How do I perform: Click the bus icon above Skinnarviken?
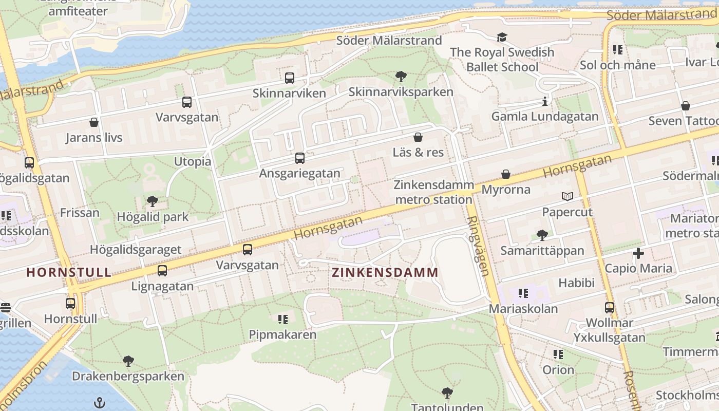pos(290,78)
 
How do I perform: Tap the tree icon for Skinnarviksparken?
pos(401,77)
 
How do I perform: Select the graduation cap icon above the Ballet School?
pos(502,37)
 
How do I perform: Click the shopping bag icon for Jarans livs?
pos(94,122)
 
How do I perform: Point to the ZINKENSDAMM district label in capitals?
pos(385,272)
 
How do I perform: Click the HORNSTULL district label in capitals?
pos(69,272)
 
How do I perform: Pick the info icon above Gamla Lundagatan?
pos(544,101)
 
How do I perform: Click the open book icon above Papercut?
pos(567,196)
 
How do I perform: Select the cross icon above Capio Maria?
pos(638,253)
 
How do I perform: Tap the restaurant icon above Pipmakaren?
pos(282,320)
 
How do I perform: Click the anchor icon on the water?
pos(100,402)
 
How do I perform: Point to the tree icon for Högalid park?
pos(153,201)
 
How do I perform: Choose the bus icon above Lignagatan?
pos(162,271)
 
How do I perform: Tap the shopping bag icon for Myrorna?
pos(506,174)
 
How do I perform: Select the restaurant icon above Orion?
pos(558,354)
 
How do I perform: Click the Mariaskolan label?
pos(523,309)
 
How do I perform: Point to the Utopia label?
pos(193,161)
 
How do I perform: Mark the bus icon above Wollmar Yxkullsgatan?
pos(610,308)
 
